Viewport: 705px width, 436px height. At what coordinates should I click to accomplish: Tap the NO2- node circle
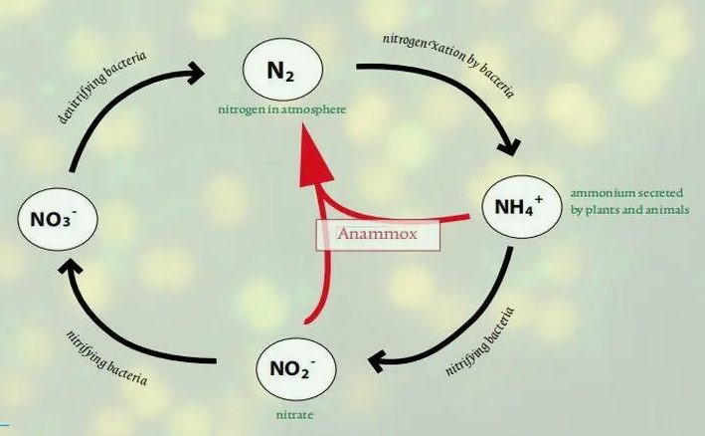point(295,369)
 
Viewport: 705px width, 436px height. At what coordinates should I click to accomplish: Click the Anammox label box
point(377,235)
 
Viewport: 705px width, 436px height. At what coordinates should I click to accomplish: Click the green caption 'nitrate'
point(295,409)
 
